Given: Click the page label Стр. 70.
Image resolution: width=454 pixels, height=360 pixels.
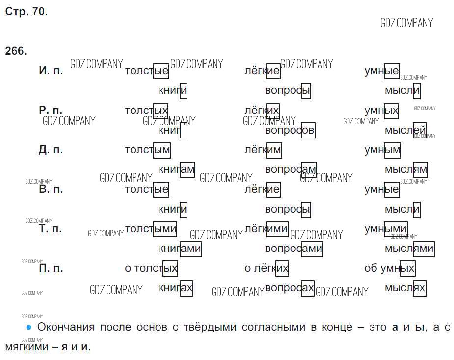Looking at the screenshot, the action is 27,12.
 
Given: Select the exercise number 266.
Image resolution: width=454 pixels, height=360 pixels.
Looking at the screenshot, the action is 16,51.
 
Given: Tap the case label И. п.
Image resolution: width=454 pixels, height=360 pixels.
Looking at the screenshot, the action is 51,70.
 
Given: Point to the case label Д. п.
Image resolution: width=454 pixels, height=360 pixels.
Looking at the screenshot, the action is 51,150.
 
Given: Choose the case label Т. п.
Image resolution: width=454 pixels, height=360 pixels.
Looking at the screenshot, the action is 50,229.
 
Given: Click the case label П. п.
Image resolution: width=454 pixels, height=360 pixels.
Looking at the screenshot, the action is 51,268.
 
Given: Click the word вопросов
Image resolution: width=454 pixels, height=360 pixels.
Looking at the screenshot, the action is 290,131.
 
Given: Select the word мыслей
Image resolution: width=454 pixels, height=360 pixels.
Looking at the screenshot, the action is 405,131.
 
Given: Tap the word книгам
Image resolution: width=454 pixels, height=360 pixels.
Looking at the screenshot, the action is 177,170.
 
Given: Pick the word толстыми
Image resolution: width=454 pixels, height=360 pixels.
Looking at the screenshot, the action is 151,229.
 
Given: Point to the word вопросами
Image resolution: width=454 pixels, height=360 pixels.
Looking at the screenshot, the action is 294,249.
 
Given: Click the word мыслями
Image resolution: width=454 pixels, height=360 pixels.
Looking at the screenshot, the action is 409,249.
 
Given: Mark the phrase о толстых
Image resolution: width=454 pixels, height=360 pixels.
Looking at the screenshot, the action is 151,269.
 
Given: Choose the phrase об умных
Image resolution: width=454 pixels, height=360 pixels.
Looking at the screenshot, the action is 390,269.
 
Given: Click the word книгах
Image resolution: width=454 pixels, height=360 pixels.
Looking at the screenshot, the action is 175,288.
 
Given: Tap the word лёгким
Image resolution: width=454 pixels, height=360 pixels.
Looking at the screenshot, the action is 263,150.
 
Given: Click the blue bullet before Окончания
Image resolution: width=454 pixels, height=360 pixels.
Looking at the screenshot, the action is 28,327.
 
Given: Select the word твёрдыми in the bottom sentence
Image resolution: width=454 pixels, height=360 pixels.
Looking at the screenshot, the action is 210,327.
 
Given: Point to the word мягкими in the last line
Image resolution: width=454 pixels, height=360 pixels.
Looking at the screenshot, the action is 27,347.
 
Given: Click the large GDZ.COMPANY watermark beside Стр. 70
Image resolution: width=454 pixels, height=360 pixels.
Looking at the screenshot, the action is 407,23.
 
